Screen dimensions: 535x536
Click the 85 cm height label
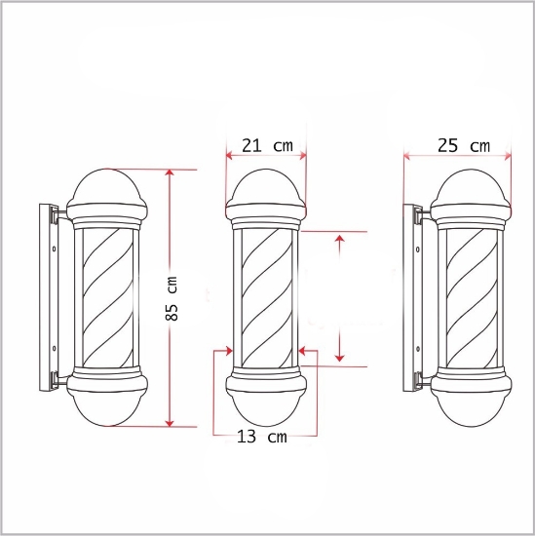coord(172,299)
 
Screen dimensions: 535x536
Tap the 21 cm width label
coord(267,145)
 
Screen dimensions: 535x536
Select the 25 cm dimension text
coord(464,145)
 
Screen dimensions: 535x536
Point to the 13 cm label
coord(262,437)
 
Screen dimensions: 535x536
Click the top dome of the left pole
coord(107,186)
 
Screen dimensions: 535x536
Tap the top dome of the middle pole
coord(266,187)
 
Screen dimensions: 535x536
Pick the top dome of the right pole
coord(471,187)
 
